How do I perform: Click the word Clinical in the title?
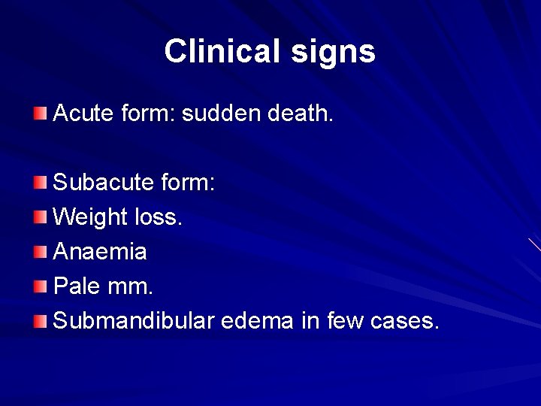tap(219, 51)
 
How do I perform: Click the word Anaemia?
tap(101, 252)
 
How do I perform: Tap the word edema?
tap(256, 321)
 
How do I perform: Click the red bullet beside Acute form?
tap(40, 114)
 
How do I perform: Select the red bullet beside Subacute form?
tap(40, 183)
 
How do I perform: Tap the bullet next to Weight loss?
tap(40, 217)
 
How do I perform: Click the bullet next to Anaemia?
tap(40, 252)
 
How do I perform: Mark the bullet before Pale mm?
tap(40, 286)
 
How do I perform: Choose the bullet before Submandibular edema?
tap(40, 321)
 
